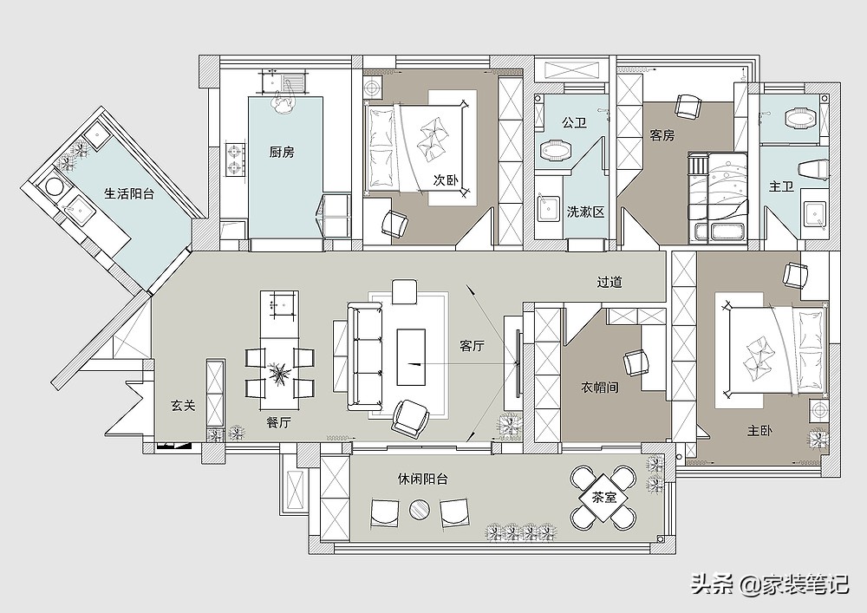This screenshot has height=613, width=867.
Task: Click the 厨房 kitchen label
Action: coord(282,152)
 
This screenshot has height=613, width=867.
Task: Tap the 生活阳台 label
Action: coord(129,193)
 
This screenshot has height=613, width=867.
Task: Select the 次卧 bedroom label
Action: coord(446,180)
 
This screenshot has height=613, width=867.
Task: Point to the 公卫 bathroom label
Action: coord(574,122)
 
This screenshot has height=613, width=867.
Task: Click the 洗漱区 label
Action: coord(585,212)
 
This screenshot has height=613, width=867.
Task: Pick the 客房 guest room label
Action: coord(662,135)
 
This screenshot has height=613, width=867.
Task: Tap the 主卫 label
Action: coord(781,186)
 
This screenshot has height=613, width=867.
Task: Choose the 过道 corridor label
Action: coord(610,282)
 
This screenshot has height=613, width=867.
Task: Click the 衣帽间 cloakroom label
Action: coord(599,388)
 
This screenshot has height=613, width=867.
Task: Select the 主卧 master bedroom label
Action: coord(759,431)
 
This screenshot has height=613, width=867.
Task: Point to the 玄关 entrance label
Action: coord(183,406)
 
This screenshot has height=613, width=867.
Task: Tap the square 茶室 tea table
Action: coord(603,498)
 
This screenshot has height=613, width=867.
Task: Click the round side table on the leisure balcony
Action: coord(420,509)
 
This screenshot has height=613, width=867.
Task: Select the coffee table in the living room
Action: coord(411,357)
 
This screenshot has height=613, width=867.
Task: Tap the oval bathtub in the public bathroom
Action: coord(555,151)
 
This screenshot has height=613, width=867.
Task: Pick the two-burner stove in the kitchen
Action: coord(236,160)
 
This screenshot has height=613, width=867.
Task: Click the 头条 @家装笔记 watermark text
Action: coord(770,584)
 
